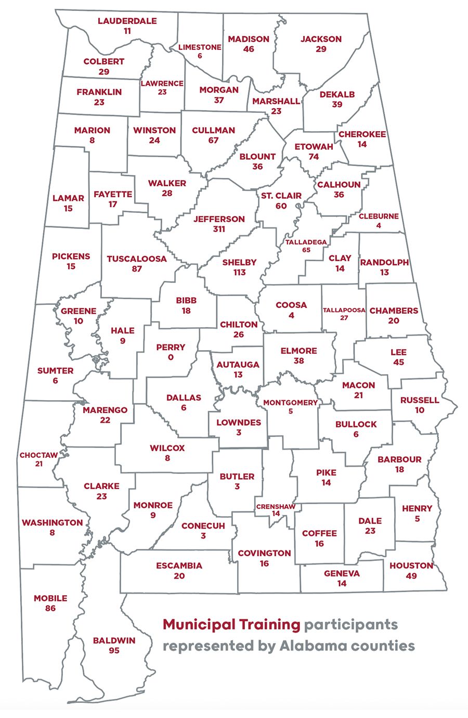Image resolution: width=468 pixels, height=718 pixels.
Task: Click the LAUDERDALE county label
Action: pos(127,21)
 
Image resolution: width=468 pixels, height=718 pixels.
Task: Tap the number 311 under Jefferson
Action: pos(219,229)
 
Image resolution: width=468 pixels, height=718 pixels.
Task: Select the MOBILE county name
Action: pos(50,598)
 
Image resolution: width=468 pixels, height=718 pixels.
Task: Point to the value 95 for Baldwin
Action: pos(114,650)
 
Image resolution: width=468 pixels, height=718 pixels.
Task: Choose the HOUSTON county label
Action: pos(411,566)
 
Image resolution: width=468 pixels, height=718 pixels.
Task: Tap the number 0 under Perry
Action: pos(171,357)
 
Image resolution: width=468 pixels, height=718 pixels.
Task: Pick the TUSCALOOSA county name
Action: pos(137,259)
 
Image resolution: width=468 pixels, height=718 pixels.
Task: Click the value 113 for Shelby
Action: pos(239,273)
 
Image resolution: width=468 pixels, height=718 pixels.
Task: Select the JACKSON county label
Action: pos(321,39)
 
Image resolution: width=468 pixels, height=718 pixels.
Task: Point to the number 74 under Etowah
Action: pos(314,157)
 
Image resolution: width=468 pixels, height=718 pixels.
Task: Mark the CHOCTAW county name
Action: pos(38,455)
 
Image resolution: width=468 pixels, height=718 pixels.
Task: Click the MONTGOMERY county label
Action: pos(290,402)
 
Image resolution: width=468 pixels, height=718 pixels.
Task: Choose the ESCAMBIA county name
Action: pos(179,566)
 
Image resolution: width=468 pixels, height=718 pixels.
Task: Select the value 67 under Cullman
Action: pos(214,140)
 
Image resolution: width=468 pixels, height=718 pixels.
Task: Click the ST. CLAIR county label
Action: pos(281,196)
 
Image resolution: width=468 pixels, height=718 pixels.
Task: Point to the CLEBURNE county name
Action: pos(379,216)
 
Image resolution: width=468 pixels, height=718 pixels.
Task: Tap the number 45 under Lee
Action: pos(398,362)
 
